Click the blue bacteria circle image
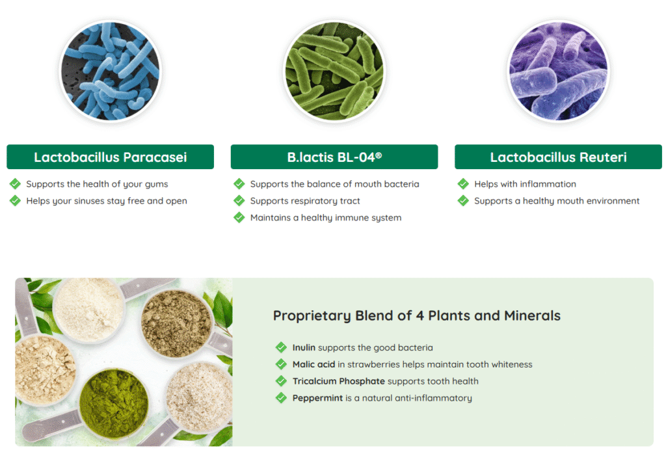(x=111, y=71)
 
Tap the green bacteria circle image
(x=335, y=71)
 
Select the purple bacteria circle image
(x=559, y=71)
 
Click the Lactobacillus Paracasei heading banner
(x=111, y=157)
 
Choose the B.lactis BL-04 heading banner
(x=334, y=157)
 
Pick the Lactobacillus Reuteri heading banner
(x=558, y=157)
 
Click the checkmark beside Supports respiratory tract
(x=239, y=200)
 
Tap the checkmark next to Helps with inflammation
(x=463, y=184)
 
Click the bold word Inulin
(x=304, y=347)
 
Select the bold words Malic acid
(x=313, y=364)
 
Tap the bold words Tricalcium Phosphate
(x=338, y=382)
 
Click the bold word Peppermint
(x=317, y=399)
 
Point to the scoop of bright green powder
(x=113, y=403)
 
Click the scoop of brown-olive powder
(x=176, y=323)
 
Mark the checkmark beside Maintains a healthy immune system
(x=239, y=217)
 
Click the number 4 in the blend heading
(x=420, y=315)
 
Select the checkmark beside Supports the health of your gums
(x=16, y=184)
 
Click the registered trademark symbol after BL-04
(x=379, y=155)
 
